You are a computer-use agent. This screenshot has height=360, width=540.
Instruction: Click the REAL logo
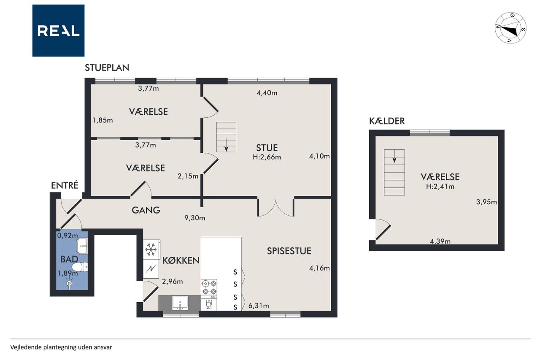(x=58, y=31)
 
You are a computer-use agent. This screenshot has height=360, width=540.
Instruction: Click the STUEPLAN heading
(x=107, y=68)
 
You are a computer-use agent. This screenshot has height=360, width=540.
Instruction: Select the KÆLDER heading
(x=387, y=121)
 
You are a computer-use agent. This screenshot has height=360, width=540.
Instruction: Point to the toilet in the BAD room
(x=81, y=267)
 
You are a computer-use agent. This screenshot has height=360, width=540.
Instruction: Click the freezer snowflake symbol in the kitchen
(x=151, y=249)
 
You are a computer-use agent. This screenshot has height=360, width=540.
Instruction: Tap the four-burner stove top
(x=209, y=287)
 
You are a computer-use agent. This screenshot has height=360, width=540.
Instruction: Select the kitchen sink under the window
(x=180, y=303)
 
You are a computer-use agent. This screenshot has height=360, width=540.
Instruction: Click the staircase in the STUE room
(x=226, y=137)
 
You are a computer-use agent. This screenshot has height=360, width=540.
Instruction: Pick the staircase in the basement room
(x=394, y=172)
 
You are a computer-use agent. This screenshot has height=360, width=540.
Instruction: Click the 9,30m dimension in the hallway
(x=195, y=218)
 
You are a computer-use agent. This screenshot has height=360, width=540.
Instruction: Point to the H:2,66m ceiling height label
(x=267, y=157)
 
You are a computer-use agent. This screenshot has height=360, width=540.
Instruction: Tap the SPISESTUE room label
(x=289, y=251)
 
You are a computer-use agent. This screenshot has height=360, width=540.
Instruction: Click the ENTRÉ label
(x=65, y=185)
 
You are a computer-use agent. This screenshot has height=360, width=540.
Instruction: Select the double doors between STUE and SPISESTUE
(x=276, y=207)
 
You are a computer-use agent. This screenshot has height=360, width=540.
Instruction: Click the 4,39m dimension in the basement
(x=440, y=241)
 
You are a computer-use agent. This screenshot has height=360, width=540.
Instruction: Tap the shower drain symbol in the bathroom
(x=69, y=283)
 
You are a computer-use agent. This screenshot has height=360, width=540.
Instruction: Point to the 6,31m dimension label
(x=259, y=306)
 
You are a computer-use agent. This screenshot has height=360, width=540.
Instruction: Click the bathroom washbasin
(x=82, y=246)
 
